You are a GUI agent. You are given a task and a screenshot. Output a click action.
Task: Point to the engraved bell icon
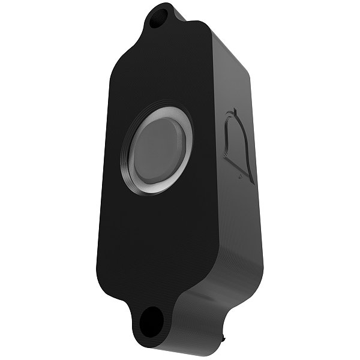(239, 145)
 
